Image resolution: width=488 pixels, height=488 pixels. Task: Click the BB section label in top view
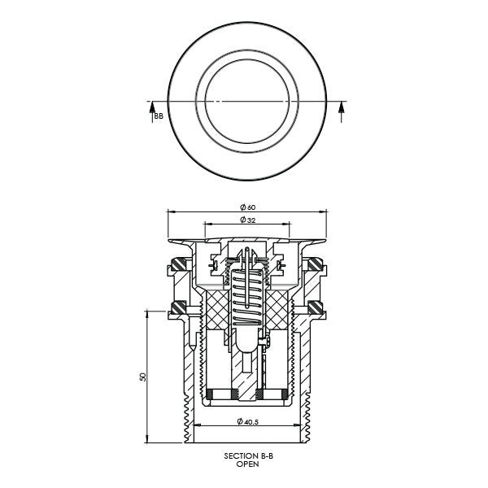159,117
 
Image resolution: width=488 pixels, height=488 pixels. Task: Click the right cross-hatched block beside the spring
278,311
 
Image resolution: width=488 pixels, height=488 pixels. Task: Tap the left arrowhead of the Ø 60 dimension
170,209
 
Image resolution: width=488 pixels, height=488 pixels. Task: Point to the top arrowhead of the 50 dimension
147,312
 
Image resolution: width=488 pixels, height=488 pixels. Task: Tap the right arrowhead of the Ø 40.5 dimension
299,426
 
